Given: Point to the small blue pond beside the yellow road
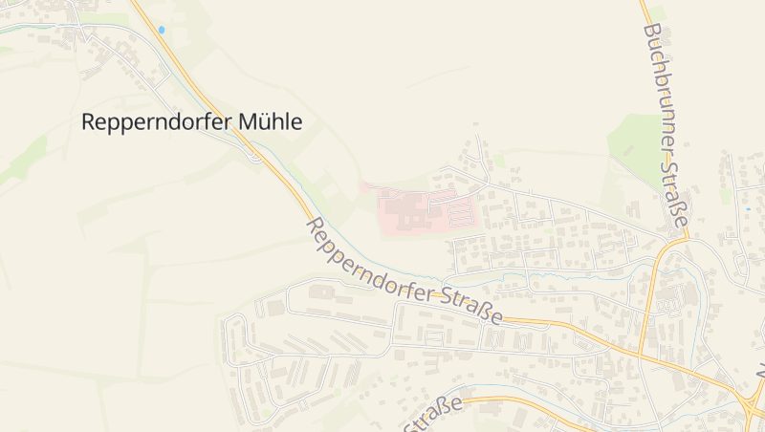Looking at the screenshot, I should (162, 30).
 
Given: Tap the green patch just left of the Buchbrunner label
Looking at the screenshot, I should (631, 143).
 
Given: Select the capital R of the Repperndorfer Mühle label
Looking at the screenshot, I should (88, 122).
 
